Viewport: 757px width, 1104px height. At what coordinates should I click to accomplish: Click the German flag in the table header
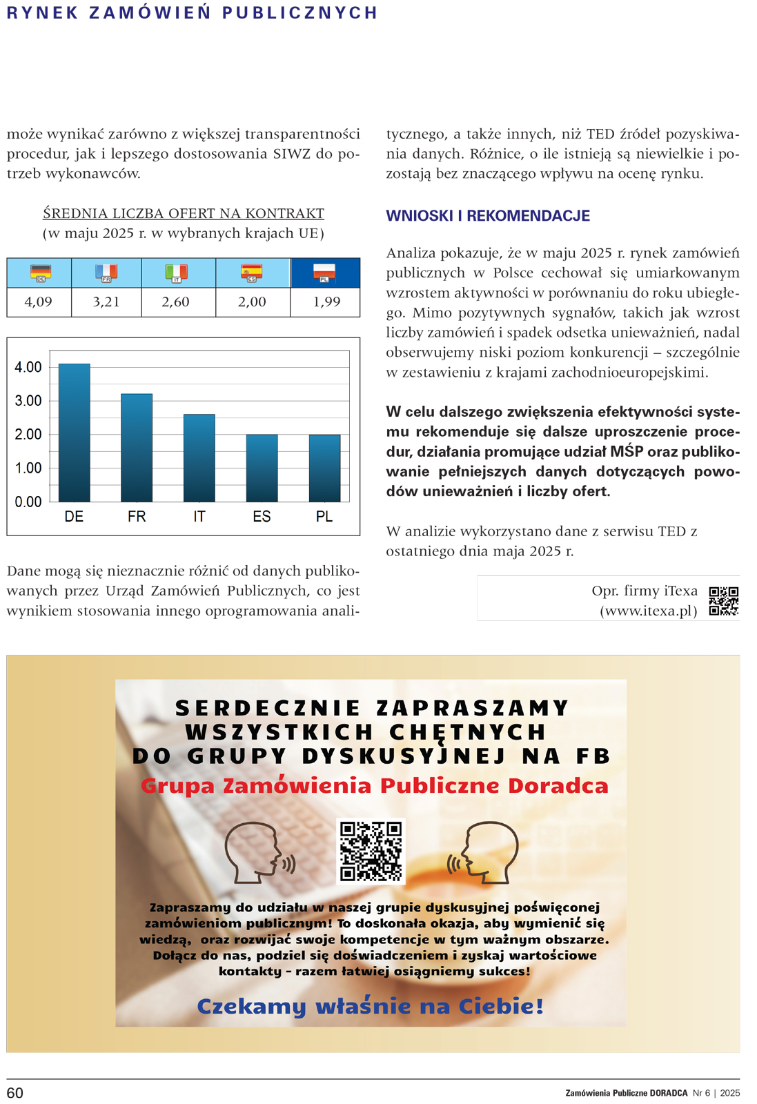click(x=41, y=273)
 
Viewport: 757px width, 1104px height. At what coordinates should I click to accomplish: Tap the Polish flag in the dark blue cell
click(x=324, y=273)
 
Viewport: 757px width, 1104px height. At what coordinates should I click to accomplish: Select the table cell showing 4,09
click(x=39, y=302)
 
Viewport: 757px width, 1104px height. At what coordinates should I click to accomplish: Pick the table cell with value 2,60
click(x=175, y=302)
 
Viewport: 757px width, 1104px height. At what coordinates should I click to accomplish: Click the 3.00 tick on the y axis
click(x=28, y=401)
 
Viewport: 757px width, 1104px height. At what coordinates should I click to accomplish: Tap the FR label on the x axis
click(x=137, y=517)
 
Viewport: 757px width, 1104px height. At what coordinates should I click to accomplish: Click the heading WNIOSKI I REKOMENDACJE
click(x=488, y=216)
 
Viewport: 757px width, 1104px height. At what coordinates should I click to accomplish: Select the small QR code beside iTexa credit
click(x=724, y=601)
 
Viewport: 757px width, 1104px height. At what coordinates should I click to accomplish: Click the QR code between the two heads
click(x=371, y=851)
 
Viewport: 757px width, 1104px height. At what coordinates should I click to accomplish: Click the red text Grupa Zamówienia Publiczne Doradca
click(x=375, y=786)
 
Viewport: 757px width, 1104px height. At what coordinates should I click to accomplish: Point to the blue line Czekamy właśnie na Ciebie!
click(x=371, y=1006)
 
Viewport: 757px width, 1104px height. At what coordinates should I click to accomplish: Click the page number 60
click(x=15, y=1093)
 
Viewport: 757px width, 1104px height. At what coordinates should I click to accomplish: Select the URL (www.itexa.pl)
click(x=649, y=611)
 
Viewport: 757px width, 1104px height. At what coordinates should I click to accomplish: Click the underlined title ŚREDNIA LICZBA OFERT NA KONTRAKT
click(x=184, y=214)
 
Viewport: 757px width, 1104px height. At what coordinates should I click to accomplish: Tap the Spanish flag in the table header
click(x=252, y=273)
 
